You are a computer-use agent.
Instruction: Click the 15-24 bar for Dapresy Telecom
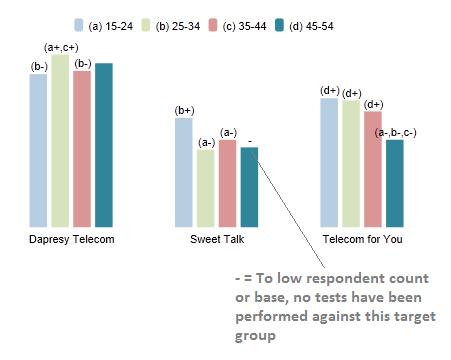[38, 150]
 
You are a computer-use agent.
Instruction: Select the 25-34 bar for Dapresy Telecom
[60, 141]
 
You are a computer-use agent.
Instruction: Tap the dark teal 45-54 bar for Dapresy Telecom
[104, 145]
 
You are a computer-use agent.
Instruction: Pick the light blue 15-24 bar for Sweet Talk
[184, 172]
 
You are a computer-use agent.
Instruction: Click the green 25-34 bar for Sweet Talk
[205, 188]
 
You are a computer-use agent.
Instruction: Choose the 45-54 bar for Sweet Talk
[249, 187]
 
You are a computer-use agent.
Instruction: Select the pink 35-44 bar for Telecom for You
[373, 169]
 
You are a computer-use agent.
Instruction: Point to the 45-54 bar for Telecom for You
[395, 183]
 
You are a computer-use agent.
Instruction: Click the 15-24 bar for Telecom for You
[329, 163]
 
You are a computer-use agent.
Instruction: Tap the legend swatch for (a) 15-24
[79, 25]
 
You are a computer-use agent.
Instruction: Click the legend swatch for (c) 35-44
[213, 25]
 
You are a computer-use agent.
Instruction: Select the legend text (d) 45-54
[311, 26]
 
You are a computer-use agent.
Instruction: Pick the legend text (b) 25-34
[178, 26]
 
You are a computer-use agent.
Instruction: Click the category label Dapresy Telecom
[72, 239]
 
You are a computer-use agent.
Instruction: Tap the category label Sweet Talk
[217, 239]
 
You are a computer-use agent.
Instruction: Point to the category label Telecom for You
[362, 239]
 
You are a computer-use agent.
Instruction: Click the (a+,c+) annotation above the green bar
[61, 48]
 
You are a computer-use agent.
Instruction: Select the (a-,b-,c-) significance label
[395, 133]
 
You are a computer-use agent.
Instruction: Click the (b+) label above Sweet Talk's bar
[184, 111]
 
